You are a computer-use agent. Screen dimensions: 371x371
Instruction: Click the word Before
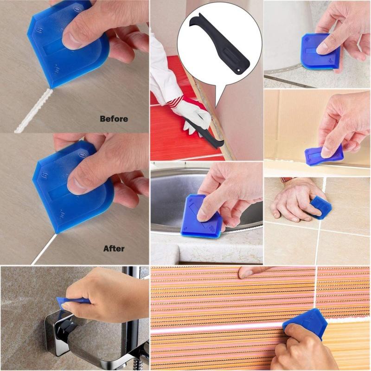114,119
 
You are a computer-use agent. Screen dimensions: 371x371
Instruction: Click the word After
114,249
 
